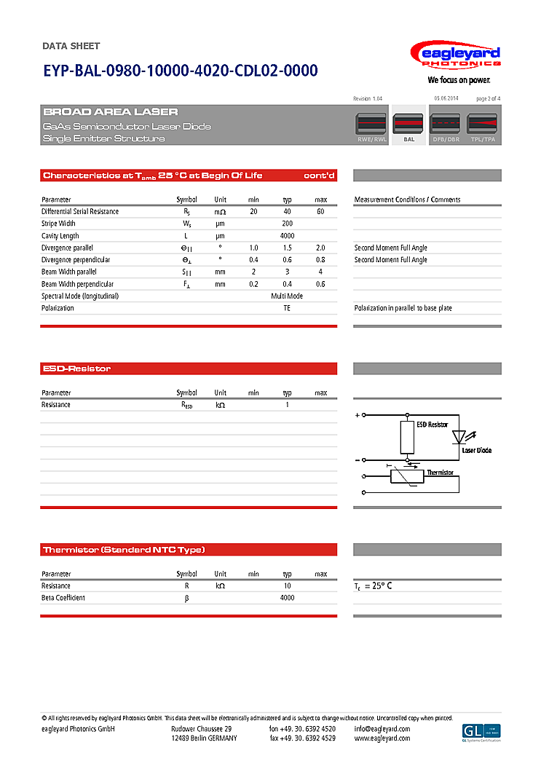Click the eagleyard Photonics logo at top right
point(455,56)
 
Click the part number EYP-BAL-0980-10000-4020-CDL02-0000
point(181,71)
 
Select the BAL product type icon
point(408,125)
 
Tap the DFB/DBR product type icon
point(446,125)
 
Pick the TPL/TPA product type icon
point(482,125)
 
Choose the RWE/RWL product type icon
point(371,125)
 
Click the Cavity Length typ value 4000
point(287,236)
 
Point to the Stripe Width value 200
point(287,224)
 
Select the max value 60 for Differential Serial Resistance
point(320,211)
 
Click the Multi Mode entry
point(287,296)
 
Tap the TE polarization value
point(287,308)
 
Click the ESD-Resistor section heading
point(77,368)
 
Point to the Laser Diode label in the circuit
point(476,450)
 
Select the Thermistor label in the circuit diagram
point(440,473)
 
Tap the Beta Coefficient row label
point(63,598)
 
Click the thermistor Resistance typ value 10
point(287,585)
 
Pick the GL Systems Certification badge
point(481,732)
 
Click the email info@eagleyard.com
point(382,729)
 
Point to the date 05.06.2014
point(446,98)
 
